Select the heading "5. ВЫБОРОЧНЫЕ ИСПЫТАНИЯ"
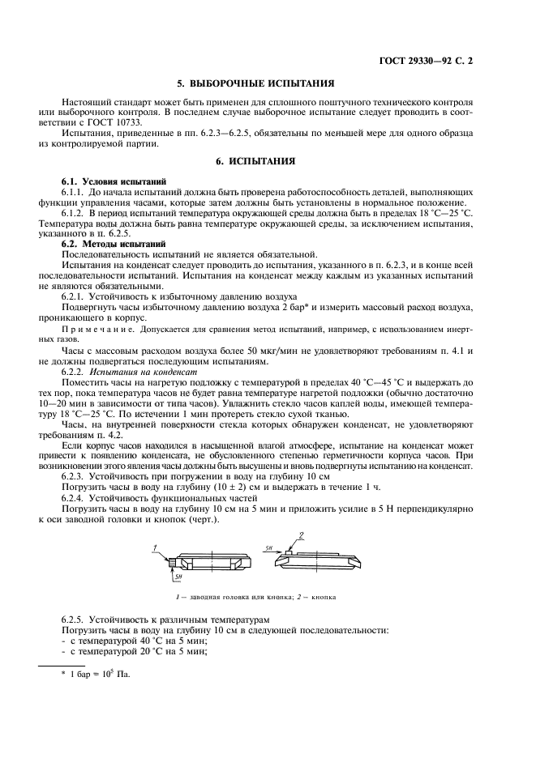click(268, 83)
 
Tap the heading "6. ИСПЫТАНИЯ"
click(268, 161)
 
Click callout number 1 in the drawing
click(154, 548)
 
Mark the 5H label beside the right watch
click(268, 548)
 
